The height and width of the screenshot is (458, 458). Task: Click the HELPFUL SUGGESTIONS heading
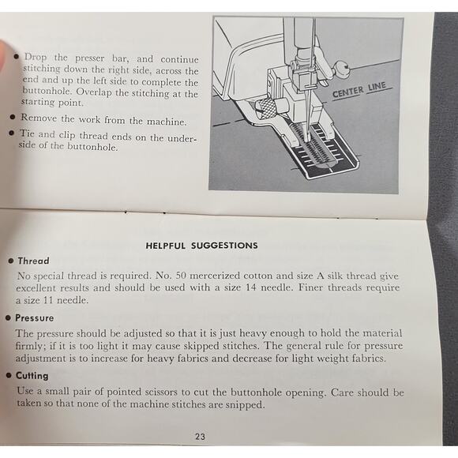coord(201,246)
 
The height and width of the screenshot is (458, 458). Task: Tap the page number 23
coord(200,437)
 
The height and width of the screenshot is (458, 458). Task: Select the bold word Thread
coord(34,261)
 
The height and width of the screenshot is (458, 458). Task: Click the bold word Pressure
coord(35,317)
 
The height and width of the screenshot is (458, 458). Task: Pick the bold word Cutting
coord(32,376)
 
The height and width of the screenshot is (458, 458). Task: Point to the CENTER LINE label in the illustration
coord(359,91)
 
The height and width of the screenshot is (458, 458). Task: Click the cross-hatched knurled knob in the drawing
coord(265,109)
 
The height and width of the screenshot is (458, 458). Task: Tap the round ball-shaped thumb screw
coord(342,69)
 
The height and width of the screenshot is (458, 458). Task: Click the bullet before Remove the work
coord(13,117)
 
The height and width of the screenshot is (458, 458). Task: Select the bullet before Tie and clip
coord(11,133)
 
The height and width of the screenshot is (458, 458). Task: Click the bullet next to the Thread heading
coord(11,261)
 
